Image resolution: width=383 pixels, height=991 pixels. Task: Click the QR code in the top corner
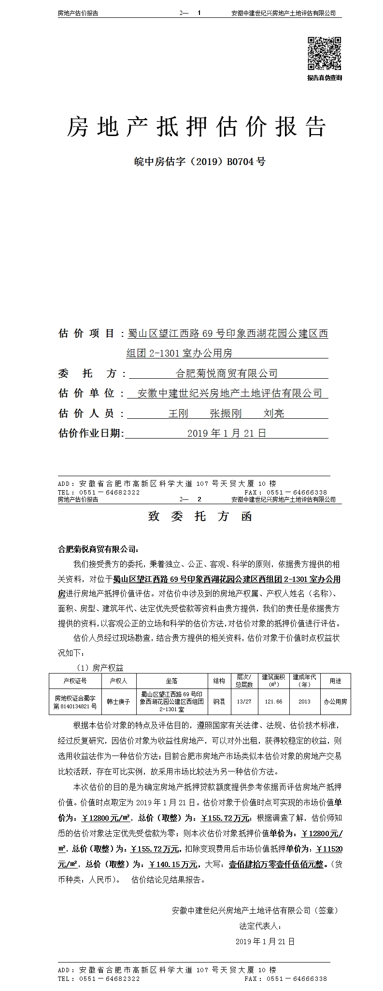click(x=325, y=54)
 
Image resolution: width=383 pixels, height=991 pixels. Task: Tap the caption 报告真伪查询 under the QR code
click(x=325, y=78)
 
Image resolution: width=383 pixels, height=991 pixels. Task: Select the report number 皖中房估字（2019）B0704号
click(x=199, y=162)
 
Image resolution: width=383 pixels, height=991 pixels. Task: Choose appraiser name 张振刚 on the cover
click(x=226, y=413)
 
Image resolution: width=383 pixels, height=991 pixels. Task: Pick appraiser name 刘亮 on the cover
click(x=273, y=413)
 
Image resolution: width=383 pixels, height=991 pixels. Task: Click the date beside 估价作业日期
click(x=227, y=433)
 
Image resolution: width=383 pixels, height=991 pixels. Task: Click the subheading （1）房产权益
click(x=100, y=668)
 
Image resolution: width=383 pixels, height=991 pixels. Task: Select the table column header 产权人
click(x=118, y=681)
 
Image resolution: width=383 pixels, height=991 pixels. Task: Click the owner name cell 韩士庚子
click(x=118, y=702)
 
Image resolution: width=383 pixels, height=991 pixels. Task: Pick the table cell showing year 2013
click(x=304, y=702)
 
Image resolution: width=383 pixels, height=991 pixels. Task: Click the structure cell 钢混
click(x=219, y=702)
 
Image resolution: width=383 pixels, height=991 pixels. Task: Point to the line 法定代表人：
click(x=260, y=926)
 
